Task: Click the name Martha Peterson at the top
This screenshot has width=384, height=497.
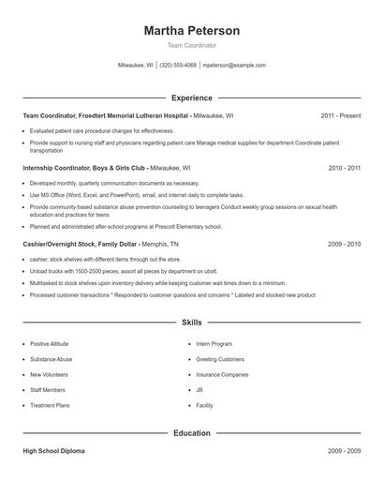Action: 191,30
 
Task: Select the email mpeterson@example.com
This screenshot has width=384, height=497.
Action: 234,66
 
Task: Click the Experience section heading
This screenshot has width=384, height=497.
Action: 191,98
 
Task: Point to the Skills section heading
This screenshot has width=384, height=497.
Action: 191,322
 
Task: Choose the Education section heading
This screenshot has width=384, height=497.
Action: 191,433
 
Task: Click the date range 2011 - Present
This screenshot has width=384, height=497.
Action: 340,115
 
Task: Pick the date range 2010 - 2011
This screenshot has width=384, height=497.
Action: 344,168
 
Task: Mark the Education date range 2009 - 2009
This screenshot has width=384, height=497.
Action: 344,451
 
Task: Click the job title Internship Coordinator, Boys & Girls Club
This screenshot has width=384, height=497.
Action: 84,168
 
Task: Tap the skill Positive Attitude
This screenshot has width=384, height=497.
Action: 51,344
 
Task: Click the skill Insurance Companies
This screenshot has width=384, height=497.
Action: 222,374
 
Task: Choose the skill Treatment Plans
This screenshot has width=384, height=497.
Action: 49,405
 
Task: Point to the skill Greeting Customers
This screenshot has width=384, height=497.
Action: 220,359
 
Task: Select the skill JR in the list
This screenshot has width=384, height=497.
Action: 199,390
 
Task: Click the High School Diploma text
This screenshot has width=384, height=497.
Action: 53,451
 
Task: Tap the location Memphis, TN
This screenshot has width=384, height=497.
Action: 162,244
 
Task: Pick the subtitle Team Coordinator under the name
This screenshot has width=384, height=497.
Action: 191,45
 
